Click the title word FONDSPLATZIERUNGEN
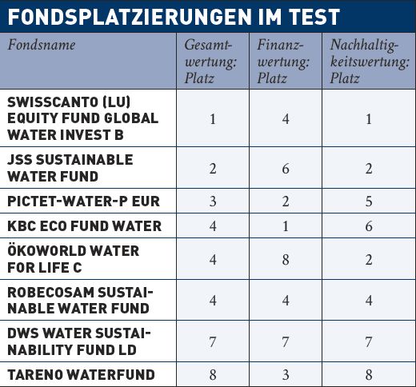pos(130,17)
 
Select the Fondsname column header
pos(42,45)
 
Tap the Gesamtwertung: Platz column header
pos(210,62)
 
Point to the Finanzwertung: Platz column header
pos(283,62)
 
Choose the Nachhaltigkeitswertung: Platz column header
pos(370,62)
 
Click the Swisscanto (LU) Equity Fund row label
pos(83,118)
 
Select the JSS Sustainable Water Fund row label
pos(70,168)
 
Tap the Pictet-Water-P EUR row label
pos(83,201)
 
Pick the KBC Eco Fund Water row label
pos(85,226)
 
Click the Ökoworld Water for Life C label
pos(74,259)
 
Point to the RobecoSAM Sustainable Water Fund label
pos(80,301)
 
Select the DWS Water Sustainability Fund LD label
pos(79,341)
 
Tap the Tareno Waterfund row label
pos(81,374)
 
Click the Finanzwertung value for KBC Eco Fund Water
pos(286,226)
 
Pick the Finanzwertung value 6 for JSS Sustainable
pos(286,169)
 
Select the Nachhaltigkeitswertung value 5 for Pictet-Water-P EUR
pos(369,201)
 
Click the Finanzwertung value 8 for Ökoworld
pos(286,260)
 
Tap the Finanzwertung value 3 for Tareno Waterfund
pos(286,375)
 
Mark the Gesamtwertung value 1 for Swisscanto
pos(213,119)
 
